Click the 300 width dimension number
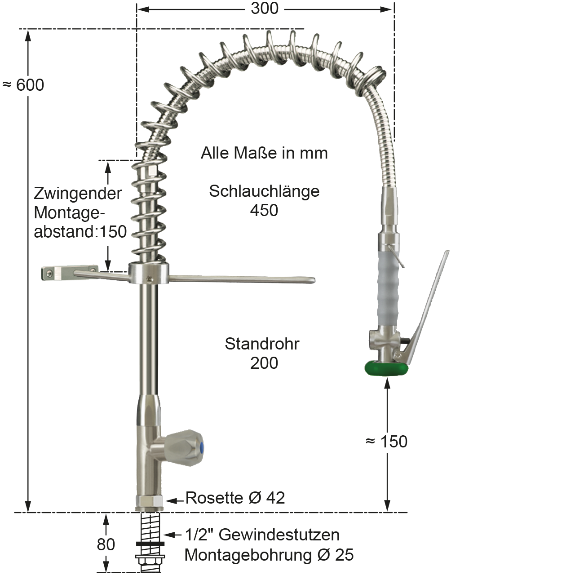tap(265, 8)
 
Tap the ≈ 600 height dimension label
tap(23, 85)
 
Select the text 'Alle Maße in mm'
tap(264, 153)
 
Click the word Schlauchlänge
tap(264, 191)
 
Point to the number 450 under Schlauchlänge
tap(264, 210)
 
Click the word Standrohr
tap(262, 344)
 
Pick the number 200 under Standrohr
tap(264, 363)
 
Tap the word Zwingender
tap(78, 194)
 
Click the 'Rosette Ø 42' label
tap(235, 498)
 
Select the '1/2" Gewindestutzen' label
tap(262, 535)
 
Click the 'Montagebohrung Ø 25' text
tap(269, 555)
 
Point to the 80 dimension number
tap(106, 544)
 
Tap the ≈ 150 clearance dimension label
tap(386, 442)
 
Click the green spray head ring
tap(386, 368)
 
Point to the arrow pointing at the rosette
tap(175, 500)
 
